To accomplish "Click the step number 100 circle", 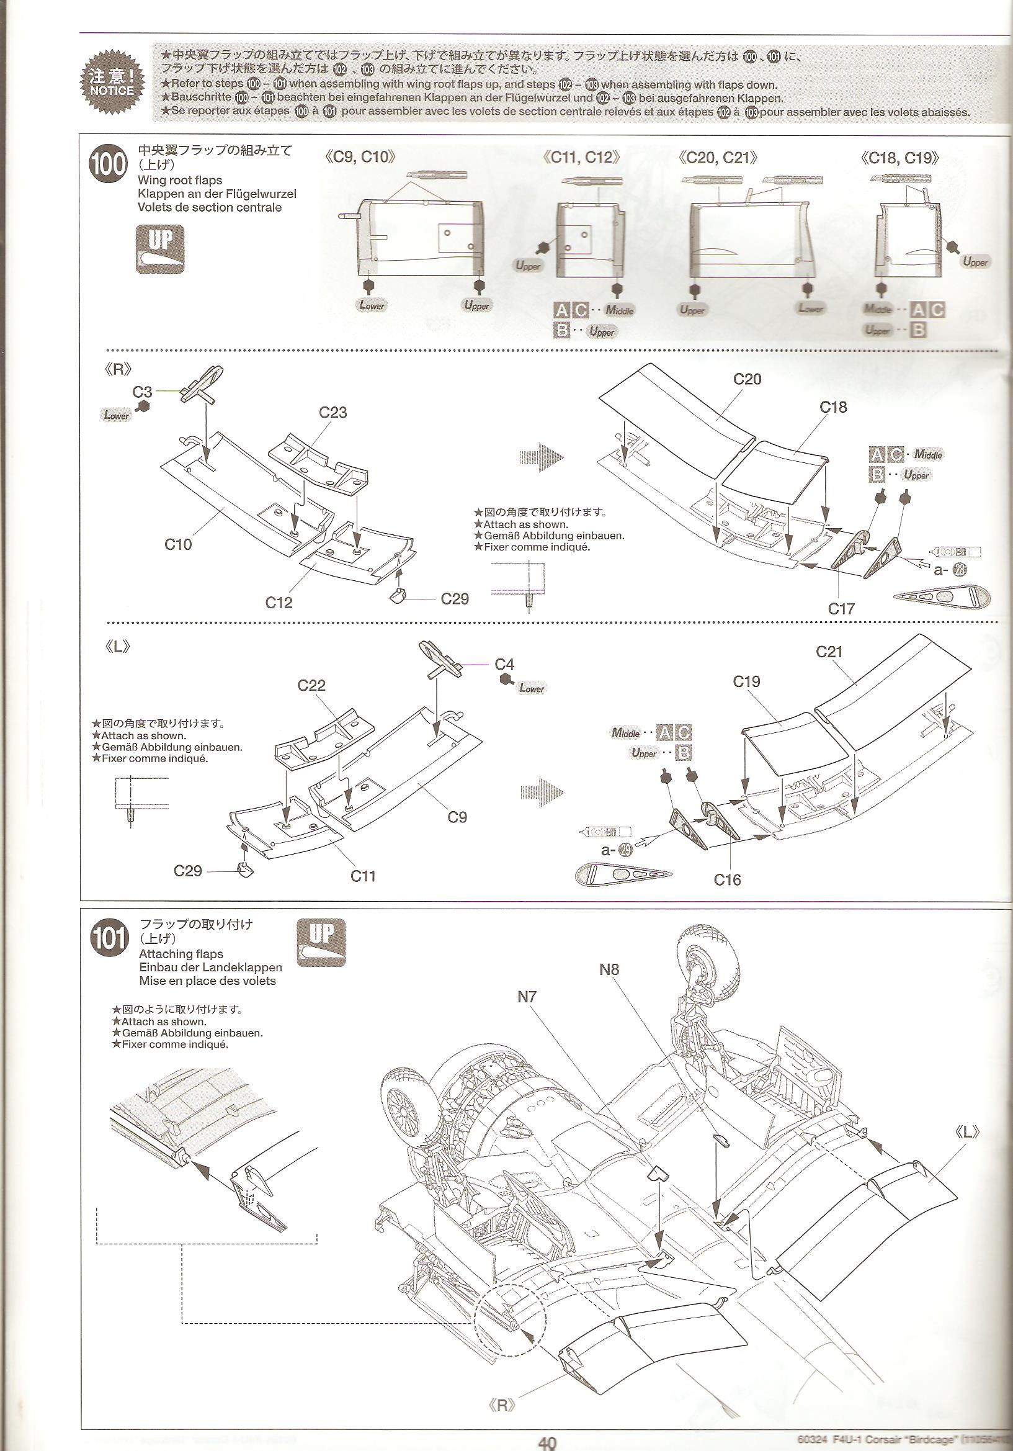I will pos(109,164).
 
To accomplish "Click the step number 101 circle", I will pos(109,939).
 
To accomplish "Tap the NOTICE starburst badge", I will pos(112,83).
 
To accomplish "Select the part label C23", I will pos(333,413).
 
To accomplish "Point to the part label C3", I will pos(142,392).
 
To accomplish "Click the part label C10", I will pos(177,544).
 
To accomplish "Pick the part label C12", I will pos(279,602).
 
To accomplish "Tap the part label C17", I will pos(841,609).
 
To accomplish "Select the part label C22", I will pos(311,685).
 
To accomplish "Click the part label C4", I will pos(504,664).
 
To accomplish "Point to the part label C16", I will pos(727,879).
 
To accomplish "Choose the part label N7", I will pos(527,997).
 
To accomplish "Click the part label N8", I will pos(609,969).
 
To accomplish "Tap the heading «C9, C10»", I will pos(360,157).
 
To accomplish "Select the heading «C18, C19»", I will pos(899,158).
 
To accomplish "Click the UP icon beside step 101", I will pos(321,942).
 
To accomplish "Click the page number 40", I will pos(547,1442).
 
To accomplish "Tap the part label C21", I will pos(829,652).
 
